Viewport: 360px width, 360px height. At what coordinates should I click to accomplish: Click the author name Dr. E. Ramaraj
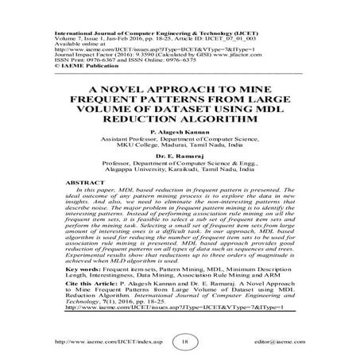pyautogui.click(x=180, y=156)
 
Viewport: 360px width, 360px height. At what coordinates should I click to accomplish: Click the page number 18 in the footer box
pyautogui.click(x=185, y=339)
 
